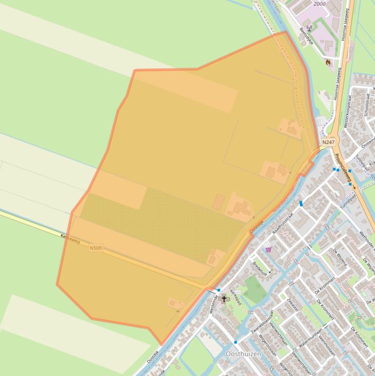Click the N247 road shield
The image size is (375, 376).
tap(328, 142)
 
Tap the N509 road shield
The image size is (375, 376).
tap(96, 248)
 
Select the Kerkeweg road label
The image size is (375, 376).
tap(70, 238)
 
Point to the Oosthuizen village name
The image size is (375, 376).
tap(243, 354)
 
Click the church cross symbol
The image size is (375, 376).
tap(224, 298)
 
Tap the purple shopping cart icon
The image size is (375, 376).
tap(268, 250)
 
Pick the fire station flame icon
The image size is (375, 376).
tap(328, 62)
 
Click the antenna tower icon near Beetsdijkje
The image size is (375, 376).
tap(309, 29)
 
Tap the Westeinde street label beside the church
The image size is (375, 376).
tap(213, 304)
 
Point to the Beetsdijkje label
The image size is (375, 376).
tap(306, 35)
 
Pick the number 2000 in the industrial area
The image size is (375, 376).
tap(319, 4)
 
